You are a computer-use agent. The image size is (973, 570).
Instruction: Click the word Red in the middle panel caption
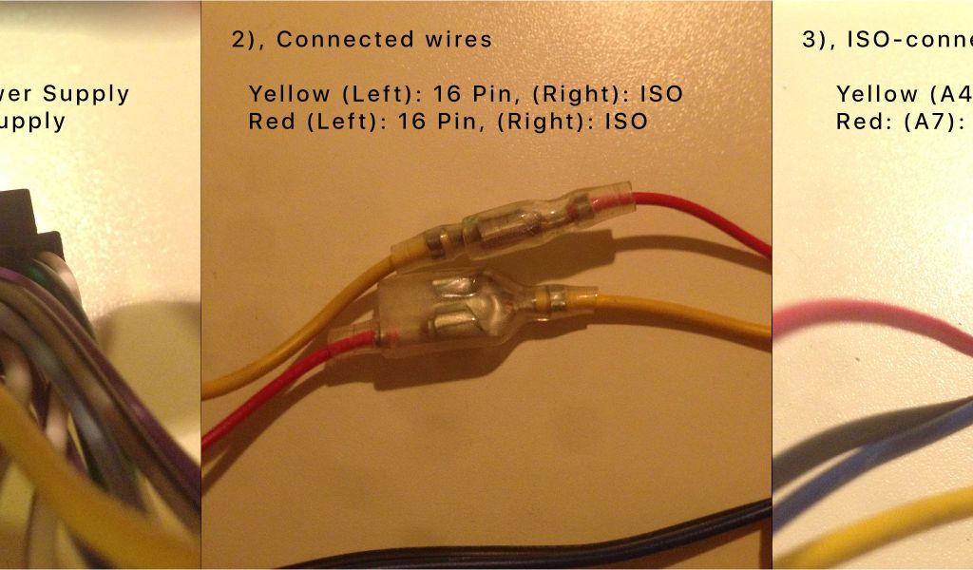pyautogui.click(x=270, y=122)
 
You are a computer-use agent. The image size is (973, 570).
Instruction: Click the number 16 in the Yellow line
pyautogui.click(x=446, y=94)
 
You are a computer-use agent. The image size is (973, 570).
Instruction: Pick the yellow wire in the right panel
pyautogui.click(x=884, y=532)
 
